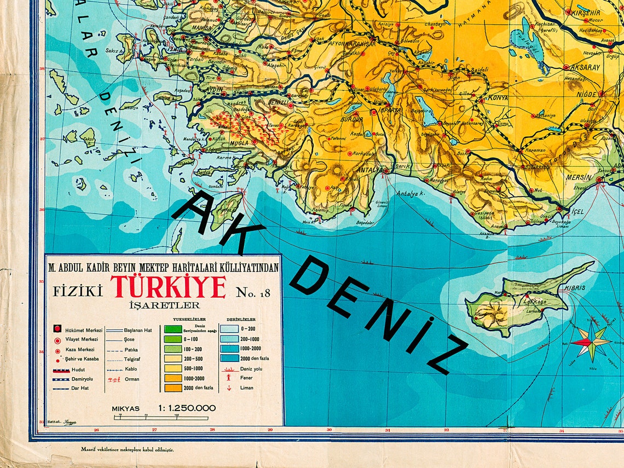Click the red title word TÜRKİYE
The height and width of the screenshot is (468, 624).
(169, 287)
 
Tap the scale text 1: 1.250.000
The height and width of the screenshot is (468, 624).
(187, 408)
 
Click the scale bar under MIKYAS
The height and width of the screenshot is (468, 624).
(161, 418)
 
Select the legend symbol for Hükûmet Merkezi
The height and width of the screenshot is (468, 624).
(57, 330)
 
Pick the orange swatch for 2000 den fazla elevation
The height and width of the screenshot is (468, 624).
(172, 388)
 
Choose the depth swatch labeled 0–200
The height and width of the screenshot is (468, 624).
(229, 329)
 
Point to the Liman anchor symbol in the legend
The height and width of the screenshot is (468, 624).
(229, 388)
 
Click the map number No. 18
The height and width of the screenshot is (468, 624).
(253, 292)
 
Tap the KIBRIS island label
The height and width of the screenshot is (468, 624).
(576, 288)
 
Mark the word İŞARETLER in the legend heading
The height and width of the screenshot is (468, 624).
(164, 305)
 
